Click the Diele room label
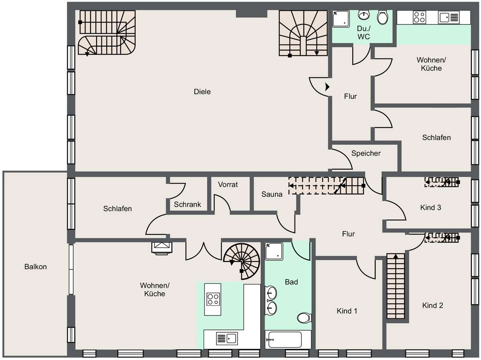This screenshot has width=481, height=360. [202, 92]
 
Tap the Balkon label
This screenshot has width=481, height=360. [35, 267]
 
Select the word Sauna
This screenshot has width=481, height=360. [272, 194]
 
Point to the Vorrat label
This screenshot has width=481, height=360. [228, 184]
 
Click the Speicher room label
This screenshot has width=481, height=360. [366, 153]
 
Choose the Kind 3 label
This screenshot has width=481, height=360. [430, 208]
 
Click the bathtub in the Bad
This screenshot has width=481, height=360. [285, 340]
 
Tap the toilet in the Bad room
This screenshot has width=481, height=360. [303, 318]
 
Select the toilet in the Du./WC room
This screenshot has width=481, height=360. [382, 18]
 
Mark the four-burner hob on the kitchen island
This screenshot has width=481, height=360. [212, 299]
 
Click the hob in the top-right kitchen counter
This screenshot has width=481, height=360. [419, 18]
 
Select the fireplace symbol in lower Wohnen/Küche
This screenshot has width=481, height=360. [162, 247]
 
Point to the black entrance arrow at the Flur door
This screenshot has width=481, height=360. [327, 87]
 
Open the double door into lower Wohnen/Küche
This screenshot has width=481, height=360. [204, 251]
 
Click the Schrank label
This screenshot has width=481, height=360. [187, 204]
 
